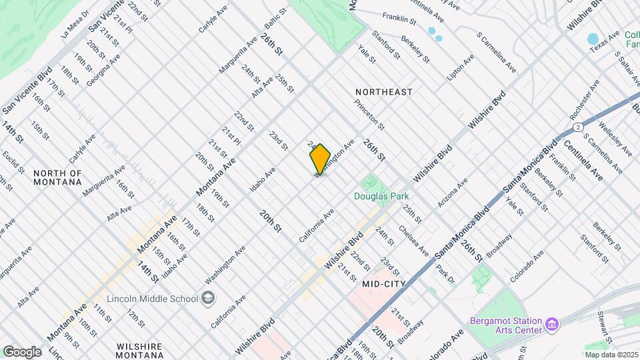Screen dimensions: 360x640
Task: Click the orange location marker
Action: coord(320,159)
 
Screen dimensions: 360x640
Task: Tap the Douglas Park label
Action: coord(381,196)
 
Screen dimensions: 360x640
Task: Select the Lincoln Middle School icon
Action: coord(209,297)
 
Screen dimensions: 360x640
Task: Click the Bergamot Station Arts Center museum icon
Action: coord(551,325)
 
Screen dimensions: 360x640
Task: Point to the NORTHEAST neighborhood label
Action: coord(384,91)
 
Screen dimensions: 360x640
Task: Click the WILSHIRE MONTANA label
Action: coord(140,352)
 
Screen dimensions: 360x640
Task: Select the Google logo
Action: coord(22,351)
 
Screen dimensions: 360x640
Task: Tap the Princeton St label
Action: coord(370,115)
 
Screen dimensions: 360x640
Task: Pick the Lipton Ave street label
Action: coord(461,67)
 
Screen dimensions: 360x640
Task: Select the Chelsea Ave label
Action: coord(414,241)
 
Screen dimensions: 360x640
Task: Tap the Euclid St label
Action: coord(12,162)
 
